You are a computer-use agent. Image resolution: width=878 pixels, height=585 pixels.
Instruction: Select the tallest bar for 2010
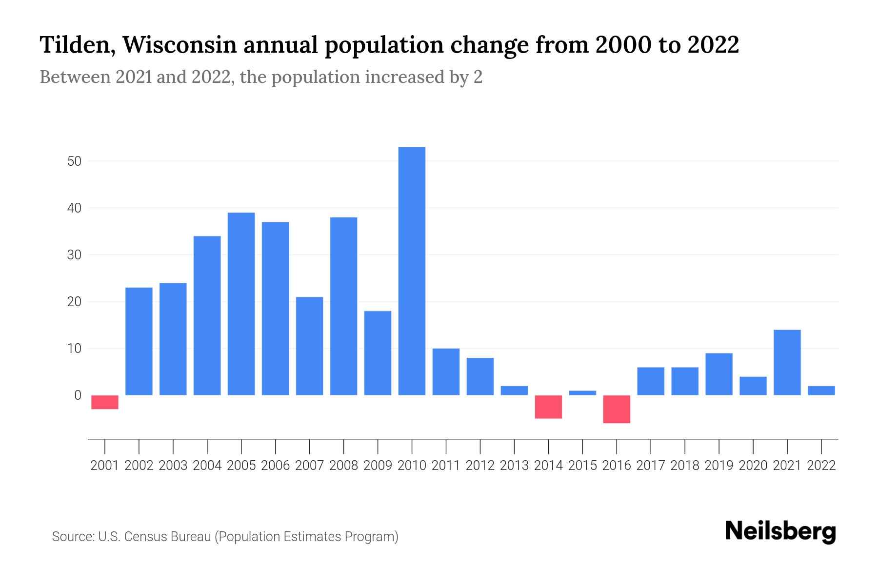tap(412, 271)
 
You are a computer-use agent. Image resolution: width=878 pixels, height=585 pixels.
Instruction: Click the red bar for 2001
tap(105, 402)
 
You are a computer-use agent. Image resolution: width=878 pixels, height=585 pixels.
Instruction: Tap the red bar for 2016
tap(617, 409)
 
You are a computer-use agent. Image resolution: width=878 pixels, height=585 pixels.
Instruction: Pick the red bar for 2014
tap(548, 407)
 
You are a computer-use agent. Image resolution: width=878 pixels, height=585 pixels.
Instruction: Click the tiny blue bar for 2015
tap(582, 393)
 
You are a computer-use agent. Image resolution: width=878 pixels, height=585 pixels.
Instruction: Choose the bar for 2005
tap(241, 304)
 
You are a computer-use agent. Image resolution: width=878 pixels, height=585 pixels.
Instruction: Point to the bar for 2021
tap(787, 362)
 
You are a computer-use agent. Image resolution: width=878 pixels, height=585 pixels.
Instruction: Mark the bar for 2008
tap(343, 306)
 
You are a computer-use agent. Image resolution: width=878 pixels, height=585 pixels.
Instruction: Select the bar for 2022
tap(821, 390)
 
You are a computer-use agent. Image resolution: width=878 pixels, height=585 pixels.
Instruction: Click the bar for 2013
tap(514, 390)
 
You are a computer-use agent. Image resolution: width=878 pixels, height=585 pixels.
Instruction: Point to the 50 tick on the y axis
tap(74, 161)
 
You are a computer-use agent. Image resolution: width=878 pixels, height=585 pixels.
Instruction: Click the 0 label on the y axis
tap(78, 395)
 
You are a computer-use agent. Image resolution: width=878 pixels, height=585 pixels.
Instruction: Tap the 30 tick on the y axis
tap(74, 255)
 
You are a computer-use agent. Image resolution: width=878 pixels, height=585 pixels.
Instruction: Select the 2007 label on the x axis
tap(309, 466)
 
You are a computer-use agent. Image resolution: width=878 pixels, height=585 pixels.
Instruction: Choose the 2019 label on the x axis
tap(719, 466)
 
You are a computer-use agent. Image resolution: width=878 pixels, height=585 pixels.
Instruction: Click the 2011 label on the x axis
tap(446, 466)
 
